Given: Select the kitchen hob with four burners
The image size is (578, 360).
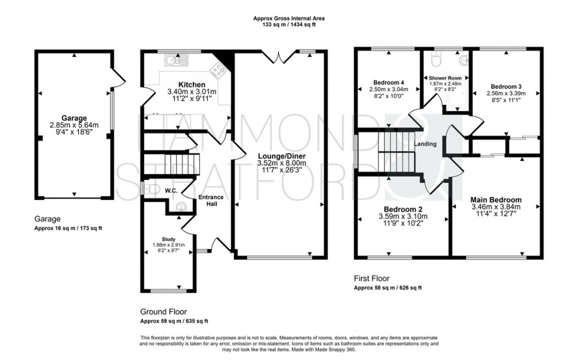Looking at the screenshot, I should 217,71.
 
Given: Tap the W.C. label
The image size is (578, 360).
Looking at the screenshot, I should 172,190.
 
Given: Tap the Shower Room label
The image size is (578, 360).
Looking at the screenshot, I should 445,78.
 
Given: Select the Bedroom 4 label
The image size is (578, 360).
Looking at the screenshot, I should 389,82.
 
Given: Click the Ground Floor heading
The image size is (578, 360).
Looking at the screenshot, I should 163,312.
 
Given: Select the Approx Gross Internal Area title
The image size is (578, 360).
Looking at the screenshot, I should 288,18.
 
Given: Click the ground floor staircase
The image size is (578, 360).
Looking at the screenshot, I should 178,165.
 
